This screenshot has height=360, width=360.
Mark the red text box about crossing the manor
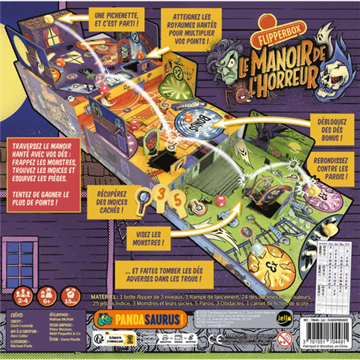click(44, 173)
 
